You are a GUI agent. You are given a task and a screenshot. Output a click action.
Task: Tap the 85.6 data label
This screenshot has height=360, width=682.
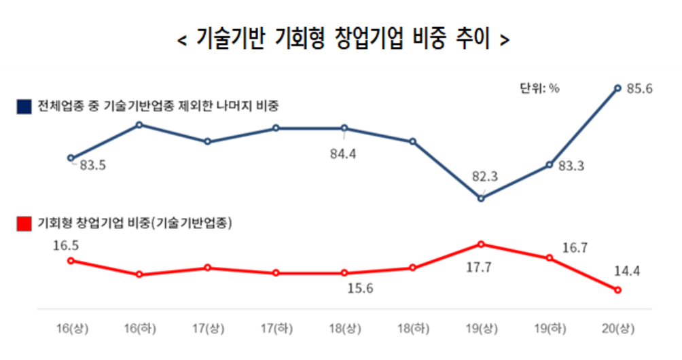tap(639, 88)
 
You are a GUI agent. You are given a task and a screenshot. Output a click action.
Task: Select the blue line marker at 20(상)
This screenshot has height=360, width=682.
tap(617, 88)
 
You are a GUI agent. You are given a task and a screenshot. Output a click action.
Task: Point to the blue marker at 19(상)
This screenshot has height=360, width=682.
tap(481, 198)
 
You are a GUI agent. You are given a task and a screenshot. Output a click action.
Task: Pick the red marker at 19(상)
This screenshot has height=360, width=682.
tap(481, 244)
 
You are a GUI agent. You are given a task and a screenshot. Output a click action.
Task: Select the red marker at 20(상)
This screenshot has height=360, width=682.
tap(617, 290)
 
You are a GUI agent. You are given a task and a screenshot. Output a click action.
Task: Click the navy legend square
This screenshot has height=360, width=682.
tap(24, 107)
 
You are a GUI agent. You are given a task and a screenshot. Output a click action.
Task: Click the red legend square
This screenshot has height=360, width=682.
tap(24, 223)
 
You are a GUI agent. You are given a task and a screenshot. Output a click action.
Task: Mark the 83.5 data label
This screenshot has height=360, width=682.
tap(92, 165)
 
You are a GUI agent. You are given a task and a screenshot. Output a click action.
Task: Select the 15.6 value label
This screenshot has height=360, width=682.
tap(361, 288)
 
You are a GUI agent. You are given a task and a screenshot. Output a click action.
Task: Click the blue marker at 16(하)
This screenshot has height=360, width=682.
tap(139, 125)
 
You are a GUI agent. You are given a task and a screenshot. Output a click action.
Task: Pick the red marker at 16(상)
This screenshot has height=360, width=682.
tap(71, 260)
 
